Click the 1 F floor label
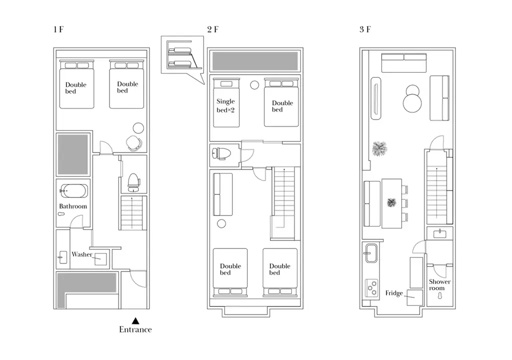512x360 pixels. (x=58, y=29)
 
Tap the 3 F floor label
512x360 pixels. (x=365, y=29)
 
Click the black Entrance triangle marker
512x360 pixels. (x=135, y=321)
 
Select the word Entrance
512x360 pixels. (x=135, y=329)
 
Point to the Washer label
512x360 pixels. (x=82, y=254)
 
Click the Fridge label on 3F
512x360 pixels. (x=394, y=293)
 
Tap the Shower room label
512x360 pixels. (x=439, y=284)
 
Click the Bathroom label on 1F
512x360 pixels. (x=73, y=206)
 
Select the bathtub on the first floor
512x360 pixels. (x=74, y=191)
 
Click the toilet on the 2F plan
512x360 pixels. (x=221, y=153)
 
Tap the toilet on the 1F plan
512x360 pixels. (x=133, y=182)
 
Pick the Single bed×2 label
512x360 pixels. (x=225, y=105)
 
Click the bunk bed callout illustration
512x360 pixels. (x=182, y=55)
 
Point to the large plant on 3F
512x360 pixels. (x=379, y=148)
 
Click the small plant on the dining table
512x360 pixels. (x=391, y=203)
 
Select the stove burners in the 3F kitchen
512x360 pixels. (x=372, y=288)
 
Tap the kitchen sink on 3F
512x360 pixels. (x=371, y=253)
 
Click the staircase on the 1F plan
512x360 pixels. (x=133, y=213)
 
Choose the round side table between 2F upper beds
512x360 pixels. (x=254, y=85)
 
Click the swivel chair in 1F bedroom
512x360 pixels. (x=134, y=143)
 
